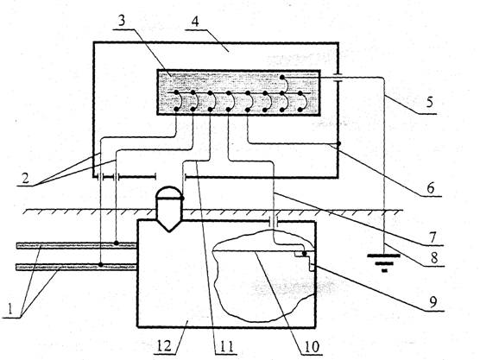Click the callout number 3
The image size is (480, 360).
click(123, 21)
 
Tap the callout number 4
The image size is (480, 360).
click(195, 22)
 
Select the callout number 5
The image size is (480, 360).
click(430, 101)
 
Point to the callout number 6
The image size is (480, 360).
click(431, 187)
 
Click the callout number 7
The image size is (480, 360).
click(432, 237)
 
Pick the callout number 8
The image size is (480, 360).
click(434, 258)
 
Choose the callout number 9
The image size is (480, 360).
click(433, 302)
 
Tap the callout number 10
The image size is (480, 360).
click(312, 346)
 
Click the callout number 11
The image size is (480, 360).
click(225, 346)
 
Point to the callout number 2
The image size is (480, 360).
click(25, 178)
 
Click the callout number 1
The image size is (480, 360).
click(10, 308)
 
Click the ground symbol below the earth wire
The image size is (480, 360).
click(384, 262)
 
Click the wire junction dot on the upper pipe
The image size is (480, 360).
click(117, 243)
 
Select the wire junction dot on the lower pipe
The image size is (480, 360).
click(101, 264)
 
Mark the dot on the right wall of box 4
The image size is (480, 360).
click(338, 143)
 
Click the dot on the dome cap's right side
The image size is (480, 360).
click(182, 199)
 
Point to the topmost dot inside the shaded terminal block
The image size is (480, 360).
click(282, 76)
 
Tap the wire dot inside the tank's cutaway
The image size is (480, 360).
click(304, 254)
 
